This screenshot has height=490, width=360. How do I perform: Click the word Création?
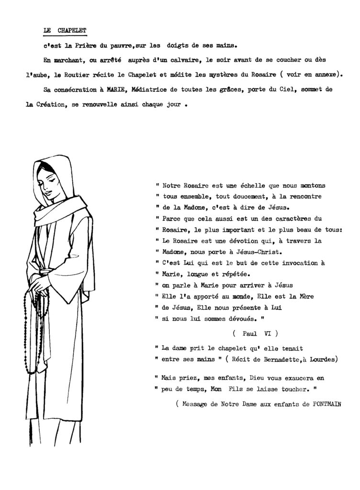click(50, 104)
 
